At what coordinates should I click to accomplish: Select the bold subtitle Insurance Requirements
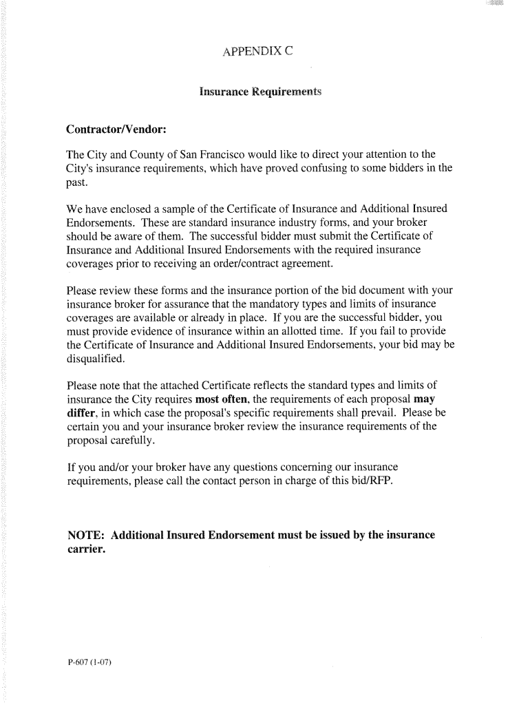click(x=260, y=91)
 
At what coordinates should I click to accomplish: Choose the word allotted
click(x=293, y=331)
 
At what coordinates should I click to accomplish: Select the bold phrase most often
click(x=222, y=399)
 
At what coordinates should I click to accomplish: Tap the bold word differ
click(x=82, y=412)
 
